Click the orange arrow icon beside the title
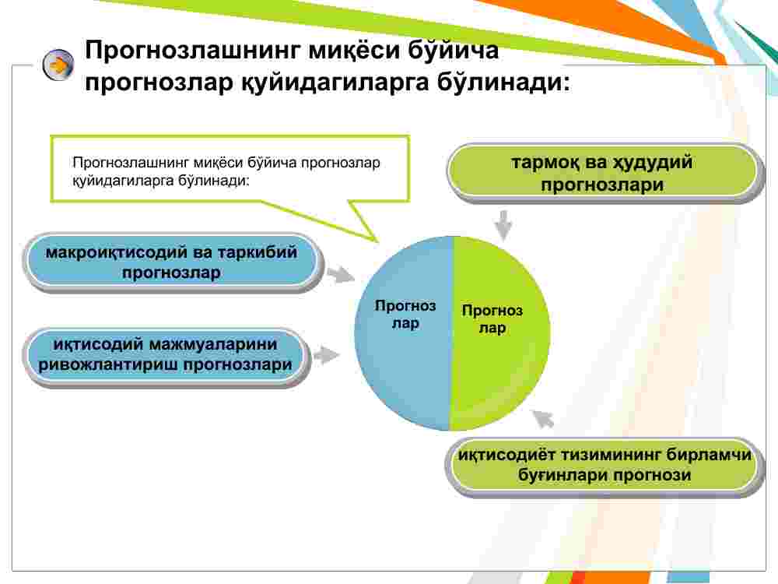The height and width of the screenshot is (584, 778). click(58, 66)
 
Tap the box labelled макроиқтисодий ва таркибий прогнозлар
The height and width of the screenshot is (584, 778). click(172, 262)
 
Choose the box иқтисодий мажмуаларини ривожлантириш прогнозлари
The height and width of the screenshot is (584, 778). click(166, 354)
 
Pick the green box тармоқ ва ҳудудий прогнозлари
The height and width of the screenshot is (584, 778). click(602, 174)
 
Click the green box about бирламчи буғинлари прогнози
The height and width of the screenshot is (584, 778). click(605, 465)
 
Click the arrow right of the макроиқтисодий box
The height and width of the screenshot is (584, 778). click(338, 274)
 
